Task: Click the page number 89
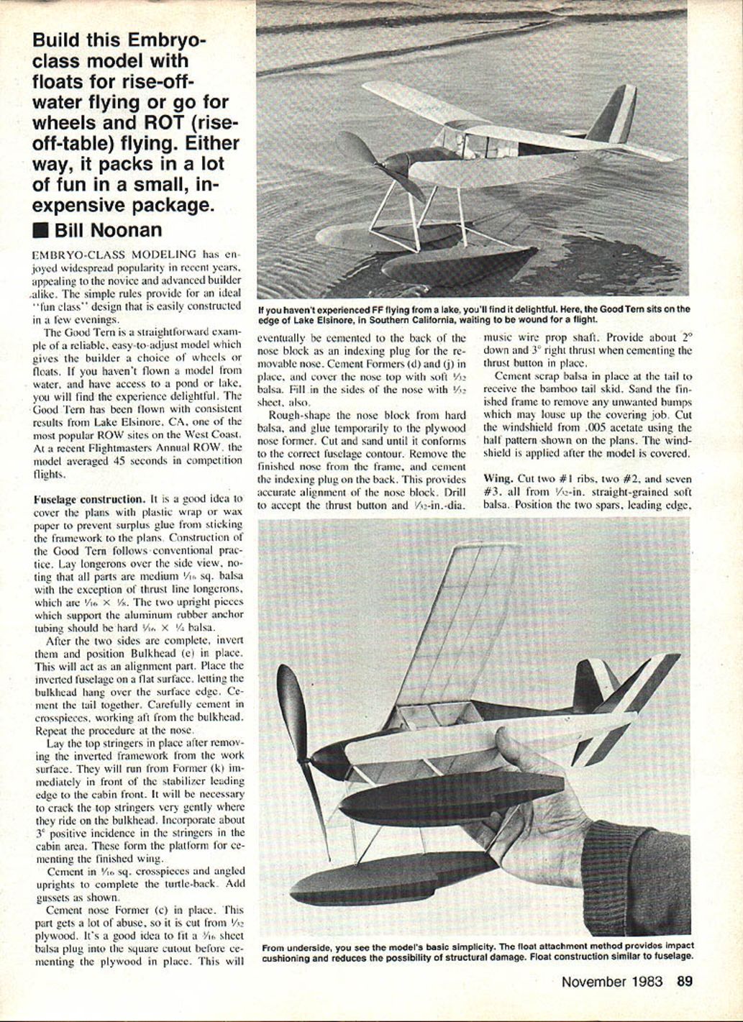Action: tap(684, 981)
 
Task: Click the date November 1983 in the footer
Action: tap(612, 981)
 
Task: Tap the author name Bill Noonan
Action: tap(108, 230)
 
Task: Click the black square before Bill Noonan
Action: tap(41, 231)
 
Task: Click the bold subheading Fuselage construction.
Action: tap(89, 498)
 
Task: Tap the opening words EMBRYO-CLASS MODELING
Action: tap(114, 255)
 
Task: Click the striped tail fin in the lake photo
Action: tap(618, 115)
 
